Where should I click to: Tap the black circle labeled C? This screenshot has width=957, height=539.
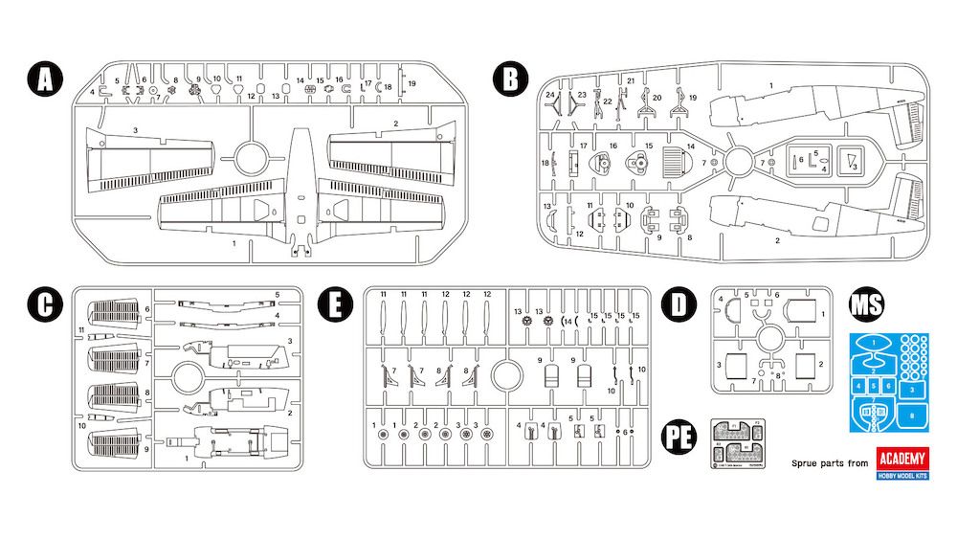click(42, 304)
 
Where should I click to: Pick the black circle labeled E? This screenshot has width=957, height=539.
click(334, 304)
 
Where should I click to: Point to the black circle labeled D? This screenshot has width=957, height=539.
click(679, 304)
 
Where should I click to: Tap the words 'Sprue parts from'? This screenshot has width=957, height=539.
click(830, 463)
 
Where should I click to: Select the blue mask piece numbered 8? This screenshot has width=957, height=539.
click(912, 416)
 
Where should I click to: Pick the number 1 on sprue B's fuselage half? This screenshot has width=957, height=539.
click(771, 87)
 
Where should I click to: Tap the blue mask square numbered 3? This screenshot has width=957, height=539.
click(912, 390)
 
